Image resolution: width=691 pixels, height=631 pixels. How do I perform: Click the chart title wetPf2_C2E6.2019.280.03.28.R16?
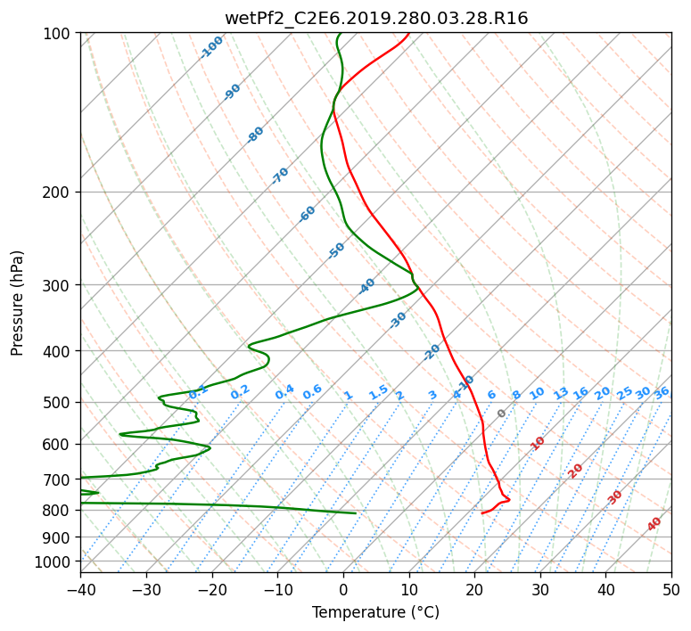point(376,19)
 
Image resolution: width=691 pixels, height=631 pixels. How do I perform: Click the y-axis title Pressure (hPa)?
point(17,303)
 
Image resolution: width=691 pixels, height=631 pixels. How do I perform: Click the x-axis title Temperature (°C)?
point(376,612)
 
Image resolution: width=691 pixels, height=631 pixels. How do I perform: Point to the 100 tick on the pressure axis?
point(56,34)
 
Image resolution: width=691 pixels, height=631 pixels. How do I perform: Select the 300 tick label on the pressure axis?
point(56,285)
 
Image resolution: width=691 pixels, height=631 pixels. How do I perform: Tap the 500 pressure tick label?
point(56,403)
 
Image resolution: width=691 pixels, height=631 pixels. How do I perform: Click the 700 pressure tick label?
point(56,479)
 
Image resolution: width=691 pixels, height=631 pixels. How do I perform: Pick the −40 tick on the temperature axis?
point(80,589)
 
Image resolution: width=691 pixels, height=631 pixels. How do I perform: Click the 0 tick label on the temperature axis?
point(344,589)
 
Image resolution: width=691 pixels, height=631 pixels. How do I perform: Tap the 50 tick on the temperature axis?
point(671,589)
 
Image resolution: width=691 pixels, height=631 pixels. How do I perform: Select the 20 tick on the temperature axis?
point(474,589)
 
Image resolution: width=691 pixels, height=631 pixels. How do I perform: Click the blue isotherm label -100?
point(211,47)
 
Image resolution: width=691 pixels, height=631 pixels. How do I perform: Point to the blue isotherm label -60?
point(307,214)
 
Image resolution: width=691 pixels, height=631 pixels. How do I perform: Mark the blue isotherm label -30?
point(398,320)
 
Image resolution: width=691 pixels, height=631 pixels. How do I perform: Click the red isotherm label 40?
point(654,524)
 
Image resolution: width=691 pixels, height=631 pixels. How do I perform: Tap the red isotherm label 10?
point(538,443)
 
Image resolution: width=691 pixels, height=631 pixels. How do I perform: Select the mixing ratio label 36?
point(662,393)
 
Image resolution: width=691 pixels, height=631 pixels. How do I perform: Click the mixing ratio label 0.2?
point(240,392)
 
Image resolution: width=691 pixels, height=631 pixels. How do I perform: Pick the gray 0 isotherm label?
point(501,414)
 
